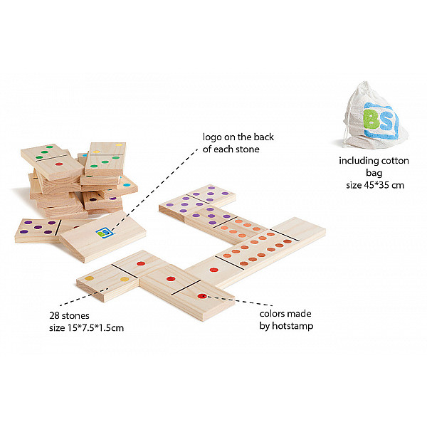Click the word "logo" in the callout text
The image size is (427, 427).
[212, 137]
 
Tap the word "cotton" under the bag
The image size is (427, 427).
[395, 161]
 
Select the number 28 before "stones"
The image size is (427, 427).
[55, 315]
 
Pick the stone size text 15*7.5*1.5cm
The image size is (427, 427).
[95, 328]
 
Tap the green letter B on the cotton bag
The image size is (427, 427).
[371, 120]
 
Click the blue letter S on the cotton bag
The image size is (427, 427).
[386, 121]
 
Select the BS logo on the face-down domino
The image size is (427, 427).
[105, 233]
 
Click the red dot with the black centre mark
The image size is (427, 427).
[202, 296]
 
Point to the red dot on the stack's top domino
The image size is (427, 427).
[59, 164]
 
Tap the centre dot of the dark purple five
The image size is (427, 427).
[38, 227]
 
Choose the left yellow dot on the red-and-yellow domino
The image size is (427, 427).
[90, 278]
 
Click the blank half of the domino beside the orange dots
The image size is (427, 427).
[300, 229]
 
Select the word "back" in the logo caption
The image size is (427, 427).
[263, 137]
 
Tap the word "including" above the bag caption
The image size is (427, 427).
[359, 161]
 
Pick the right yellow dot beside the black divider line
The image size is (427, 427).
[125, 279]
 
